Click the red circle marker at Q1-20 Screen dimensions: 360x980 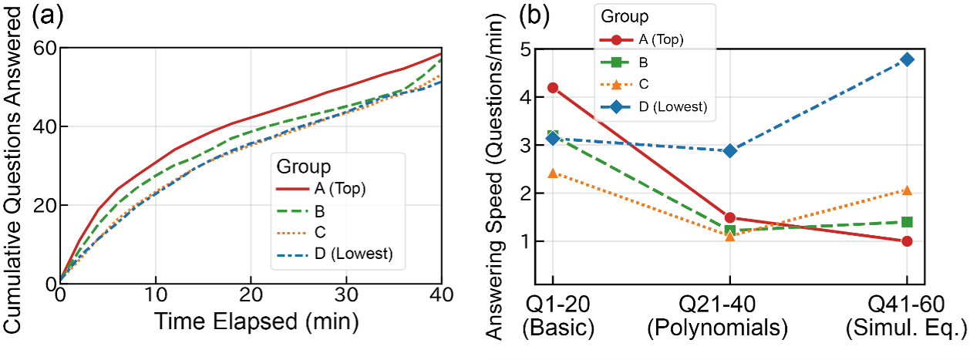552,88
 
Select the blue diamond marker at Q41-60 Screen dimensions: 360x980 907,59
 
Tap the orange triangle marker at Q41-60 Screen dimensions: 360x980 907,190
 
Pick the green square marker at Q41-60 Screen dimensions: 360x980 907,222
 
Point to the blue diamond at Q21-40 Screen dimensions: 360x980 729,150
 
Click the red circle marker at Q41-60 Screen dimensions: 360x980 907,241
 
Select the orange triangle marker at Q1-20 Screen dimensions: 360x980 552,173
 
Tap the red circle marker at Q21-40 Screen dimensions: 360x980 729,218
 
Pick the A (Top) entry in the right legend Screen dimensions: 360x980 661,38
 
